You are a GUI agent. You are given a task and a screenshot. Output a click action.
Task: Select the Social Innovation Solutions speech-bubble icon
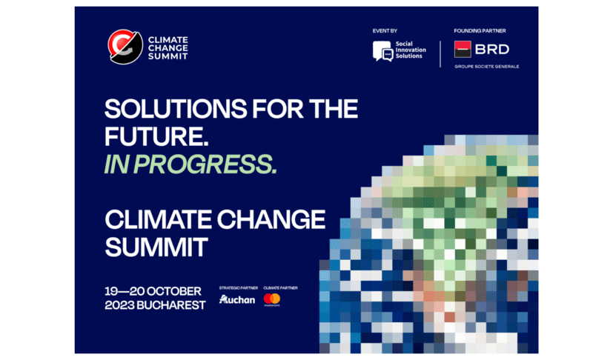click(x=383, y=51)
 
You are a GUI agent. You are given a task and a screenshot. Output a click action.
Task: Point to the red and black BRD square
click(x=463, y=50)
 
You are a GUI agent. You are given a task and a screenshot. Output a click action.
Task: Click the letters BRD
click(x=492, y=50)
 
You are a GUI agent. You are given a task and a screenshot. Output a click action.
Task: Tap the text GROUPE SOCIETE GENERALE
click(x=486, y=66)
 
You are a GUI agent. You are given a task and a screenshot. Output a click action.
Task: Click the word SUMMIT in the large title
click(x=156, y=246)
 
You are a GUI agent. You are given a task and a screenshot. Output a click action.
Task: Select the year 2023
click(x=121, y=304)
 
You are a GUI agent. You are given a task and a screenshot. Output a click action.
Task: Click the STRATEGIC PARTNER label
click(x=236, y=286)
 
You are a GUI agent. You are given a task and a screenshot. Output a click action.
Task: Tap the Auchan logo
click(x=236, y=300)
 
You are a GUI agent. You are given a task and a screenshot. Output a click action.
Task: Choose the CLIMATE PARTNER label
click(x=279, y=286)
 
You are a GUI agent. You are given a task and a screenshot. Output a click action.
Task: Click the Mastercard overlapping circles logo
click(x=271, y=299)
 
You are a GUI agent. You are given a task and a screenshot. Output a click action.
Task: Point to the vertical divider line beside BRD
click(x=440, y=53)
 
